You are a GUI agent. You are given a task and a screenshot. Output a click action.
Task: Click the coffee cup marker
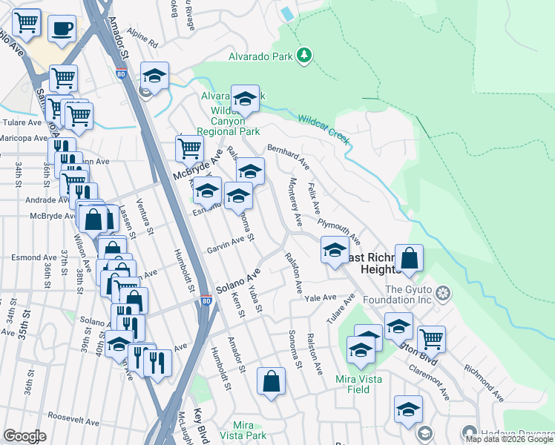point(62,29)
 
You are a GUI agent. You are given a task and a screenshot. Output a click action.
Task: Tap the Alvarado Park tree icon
point(303,55)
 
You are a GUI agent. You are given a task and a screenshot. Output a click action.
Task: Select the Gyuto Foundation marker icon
point(443,291)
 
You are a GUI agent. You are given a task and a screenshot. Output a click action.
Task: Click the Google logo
point(24,436)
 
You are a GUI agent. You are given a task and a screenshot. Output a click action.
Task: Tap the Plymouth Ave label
point(338,231)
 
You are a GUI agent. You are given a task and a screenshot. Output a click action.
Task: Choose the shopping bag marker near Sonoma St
point(272,380)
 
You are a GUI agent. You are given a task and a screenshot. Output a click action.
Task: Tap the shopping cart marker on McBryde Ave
point(189,148)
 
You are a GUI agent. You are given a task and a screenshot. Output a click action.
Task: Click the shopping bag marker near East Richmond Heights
point(409,258)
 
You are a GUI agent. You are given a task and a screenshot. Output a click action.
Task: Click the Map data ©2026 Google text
point(509,439)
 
